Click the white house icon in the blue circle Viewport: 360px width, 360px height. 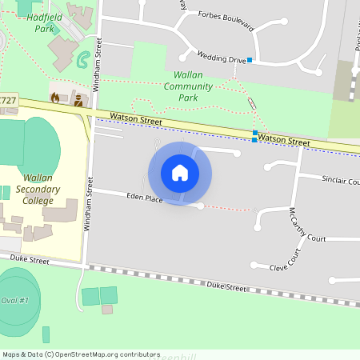click(180, 173)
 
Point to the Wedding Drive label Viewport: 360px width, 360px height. click(222, 58)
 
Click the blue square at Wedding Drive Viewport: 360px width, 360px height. click(250, 60)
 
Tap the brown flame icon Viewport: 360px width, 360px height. click(55, 98)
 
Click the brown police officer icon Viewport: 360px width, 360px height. click(78, 100)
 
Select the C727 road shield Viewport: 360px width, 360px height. click(7, 100)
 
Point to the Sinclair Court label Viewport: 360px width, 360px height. click(340, 180)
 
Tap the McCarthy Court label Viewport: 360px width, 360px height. click(308, 226)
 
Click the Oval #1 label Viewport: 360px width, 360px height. click(14, 300)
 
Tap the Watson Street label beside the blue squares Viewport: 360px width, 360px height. click(284, 141)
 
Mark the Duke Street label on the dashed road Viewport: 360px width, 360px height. click(226, 286)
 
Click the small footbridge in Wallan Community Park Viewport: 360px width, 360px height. click(252, 103)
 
